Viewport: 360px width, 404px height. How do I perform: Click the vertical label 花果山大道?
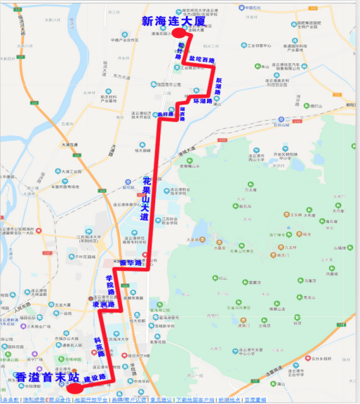(x=145, y=199)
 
